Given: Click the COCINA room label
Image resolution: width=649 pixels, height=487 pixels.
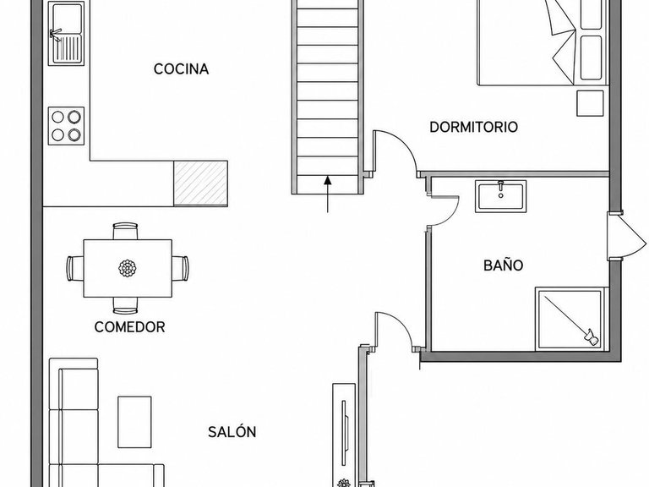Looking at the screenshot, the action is click(x=181, y=68).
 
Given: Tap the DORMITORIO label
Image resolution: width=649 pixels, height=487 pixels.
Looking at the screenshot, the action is click(x=473, y=127).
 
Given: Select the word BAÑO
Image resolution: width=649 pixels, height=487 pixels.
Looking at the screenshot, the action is click(x=504, y=265).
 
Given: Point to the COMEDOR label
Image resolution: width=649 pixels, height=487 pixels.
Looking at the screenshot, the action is click(x=129, y=327).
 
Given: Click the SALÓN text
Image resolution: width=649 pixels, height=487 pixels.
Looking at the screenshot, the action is click(x=232, y=432).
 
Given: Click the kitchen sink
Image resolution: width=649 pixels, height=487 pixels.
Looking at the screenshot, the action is click(x=66, y=33).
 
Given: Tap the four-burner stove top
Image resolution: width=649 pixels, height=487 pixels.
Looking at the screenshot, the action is click(x=66, y=126).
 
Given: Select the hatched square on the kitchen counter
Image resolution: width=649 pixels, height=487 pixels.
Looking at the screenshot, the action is click(x=200, y=183).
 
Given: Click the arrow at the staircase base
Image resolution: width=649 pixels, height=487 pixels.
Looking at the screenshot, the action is click(x=328, y=194).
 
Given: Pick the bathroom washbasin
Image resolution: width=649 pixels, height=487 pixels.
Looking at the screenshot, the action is click(x=501, y=196).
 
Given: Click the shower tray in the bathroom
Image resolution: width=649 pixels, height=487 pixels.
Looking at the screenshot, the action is click(x=570, y=319).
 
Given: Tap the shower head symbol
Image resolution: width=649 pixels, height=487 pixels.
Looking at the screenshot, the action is click(x=591, y=337).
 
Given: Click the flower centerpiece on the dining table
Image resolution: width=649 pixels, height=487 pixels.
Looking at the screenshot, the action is click(x=128, y=268).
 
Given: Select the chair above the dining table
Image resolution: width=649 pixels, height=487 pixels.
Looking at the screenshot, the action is click(x=125, y=231).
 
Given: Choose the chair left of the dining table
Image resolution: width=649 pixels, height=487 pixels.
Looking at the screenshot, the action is click(x=75, y=268).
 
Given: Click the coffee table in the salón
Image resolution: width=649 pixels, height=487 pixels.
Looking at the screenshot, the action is click(x=134, y=422).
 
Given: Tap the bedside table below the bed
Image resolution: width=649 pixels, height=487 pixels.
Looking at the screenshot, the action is click(x=590, y=103).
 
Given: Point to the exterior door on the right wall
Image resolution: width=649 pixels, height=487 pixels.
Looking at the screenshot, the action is click(x=627, y=237).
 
